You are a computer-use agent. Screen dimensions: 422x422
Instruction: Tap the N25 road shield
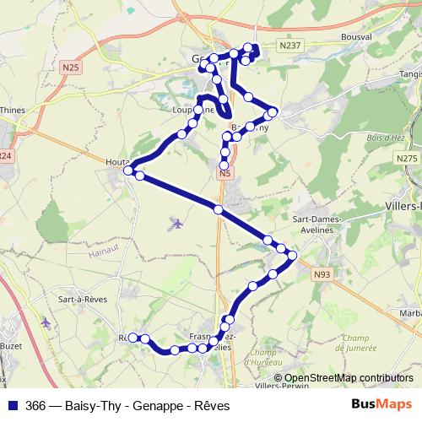tap(71, 65)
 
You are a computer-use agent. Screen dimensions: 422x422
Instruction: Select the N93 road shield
tap(322, 274)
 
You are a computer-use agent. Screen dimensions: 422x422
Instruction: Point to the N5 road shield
tap(224, 174)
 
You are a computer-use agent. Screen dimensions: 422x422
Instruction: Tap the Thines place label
tap(14, 110)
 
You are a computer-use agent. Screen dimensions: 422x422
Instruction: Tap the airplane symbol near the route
tap(176, 223)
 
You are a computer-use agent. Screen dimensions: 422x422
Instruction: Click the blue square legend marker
tap(12, 405)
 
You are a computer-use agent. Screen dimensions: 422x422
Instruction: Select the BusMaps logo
tap(385, 405)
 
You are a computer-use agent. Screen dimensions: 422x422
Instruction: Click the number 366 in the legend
tap(36, 406)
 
